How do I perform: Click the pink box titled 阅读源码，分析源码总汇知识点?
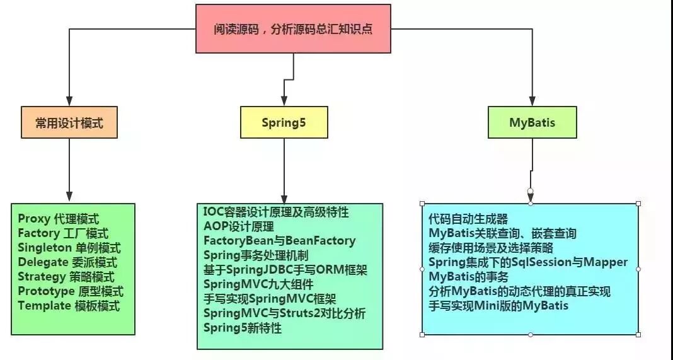292,28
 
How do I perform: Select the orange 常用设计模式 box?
69,122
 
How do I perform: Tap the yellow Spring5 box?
284,122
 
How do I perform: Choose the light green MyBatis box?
532,122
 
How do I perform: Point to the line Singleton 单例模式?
69,248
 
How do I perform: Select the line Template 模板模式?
69,306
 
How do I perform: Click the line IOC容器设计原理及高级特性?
276,211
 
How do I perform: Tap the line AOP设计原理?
239,226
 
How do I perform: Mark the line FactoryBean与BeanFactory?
279,240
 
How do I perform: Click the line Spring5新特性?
243,327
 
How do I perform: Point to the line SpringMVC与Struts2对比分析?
284,313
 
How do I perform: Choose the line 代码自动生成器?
468,219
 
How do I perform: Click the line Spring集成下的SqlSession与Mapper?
528,262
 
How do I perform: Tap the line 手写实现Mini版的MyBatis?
498,306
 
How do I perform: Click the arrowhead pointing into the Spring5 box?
284,101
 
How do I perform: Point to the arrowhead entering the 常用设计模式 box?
68,101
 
